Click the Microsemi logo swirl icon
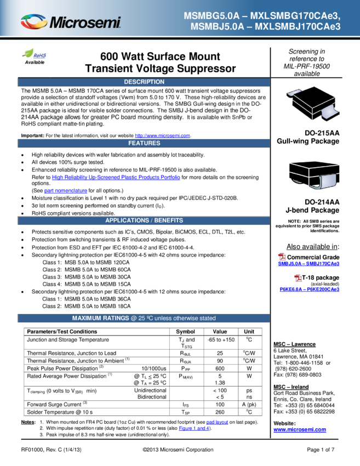click(34, 22)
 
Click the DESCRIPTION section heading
click(144, 82)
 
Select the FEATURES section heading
click(144, 143)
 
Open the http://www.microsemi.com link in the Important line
click(163, 135)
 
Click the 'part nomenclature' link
click(66, 190)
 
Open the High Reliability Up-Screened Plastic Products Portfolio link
click(116, 177)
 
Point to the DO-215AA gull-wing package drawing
click(313, 104)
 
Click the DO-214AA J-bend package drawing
click(314, 175)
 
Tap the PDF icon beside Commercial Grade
click(282, 257)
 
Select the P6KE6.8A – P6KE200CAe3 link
click(309, 289)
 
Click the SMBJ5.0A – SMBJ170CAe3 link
click(308, 264)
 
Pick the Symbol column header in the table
click(185, 332)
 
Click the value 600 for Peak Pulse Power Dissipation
click(220, 368)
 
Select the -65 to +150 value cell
click(221, 340)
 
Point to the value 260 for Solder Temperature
click(220, 412)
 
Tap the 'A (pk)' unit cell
click(249, 405)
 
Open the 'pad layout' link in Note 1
click(217, 422)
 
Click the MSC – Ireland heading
click(291, 387)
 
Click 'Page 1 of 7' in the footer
click(321, 450)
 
